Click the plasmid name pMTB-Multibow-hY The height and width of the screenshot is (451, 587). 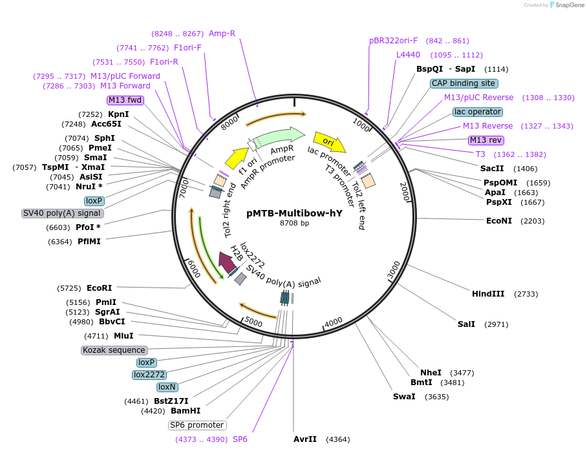(x=294, y=213)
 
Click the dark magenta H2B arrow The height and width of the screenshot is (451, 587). (x=227, y=262)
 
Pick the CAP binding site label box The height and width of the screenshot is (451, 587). (x=464, y=83)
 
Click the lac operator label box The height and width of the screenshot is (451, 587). (x=478, y=112)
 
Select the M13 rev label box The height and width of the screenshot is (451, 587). (x=486, y=140)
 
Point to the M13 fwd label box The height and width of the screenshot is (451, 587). (x=125, y=100)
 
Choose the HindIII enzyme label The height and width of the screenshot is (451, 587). (x=488, y=294)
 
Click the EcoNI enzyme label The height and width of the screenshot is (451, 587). (x=498, y=221)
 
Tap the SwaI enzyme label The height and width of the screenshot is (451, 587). (x=404, y=397)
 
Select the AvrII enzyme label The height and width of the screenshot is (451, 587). (x=305, y=439)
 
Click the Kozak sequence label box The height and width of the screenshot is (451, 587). (x=114, y=350)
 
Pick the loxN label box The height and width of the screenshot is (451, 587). (x=167, y=387)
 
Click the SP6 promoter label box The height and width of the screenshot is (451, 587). (x=197, y=425)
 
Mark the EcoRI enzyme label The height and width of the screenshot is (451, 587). (x=99, y=288)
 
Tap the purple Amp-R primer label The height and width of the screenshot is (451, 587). (x=222, y=33)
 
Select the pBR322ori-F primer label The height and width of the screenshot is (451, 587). (x=393, y=41)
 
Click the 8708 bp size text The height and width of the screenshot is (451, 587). (x=294, y=224)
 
